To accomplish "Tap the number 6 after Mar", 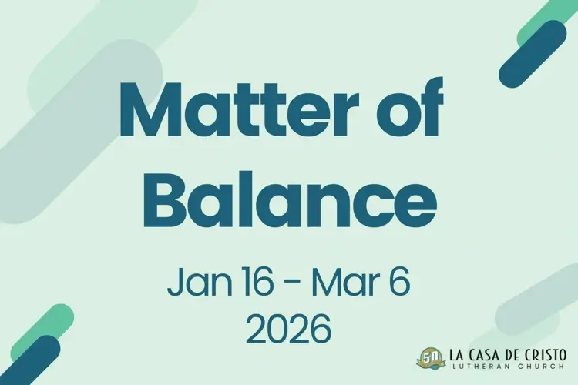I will click(400, 284).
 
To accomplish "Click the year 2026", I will click(289, 330).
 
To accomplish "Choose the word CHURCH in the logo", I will click(540, 369).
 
